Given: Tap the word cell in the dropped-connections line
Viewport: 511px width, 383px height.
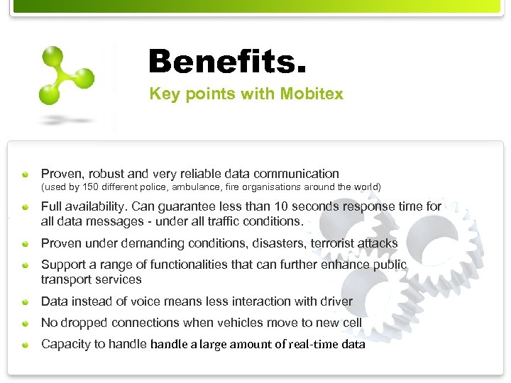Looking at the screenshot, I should [351, 323].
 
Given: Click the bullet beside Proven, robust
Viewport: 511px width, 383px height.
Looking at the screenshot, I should [25, 174].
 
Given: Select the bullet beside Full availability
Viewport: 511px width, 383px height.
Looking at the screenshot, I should [25, 207].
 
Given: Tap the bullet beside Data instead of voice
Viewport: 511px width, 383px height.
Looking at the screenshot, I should [25, 302].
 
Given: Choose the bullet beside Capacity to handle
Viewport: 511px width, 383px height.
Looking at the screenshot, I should [25, 345].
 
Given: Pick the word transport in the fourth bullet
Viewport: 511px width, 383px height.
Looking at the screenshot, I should [67, 280].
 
